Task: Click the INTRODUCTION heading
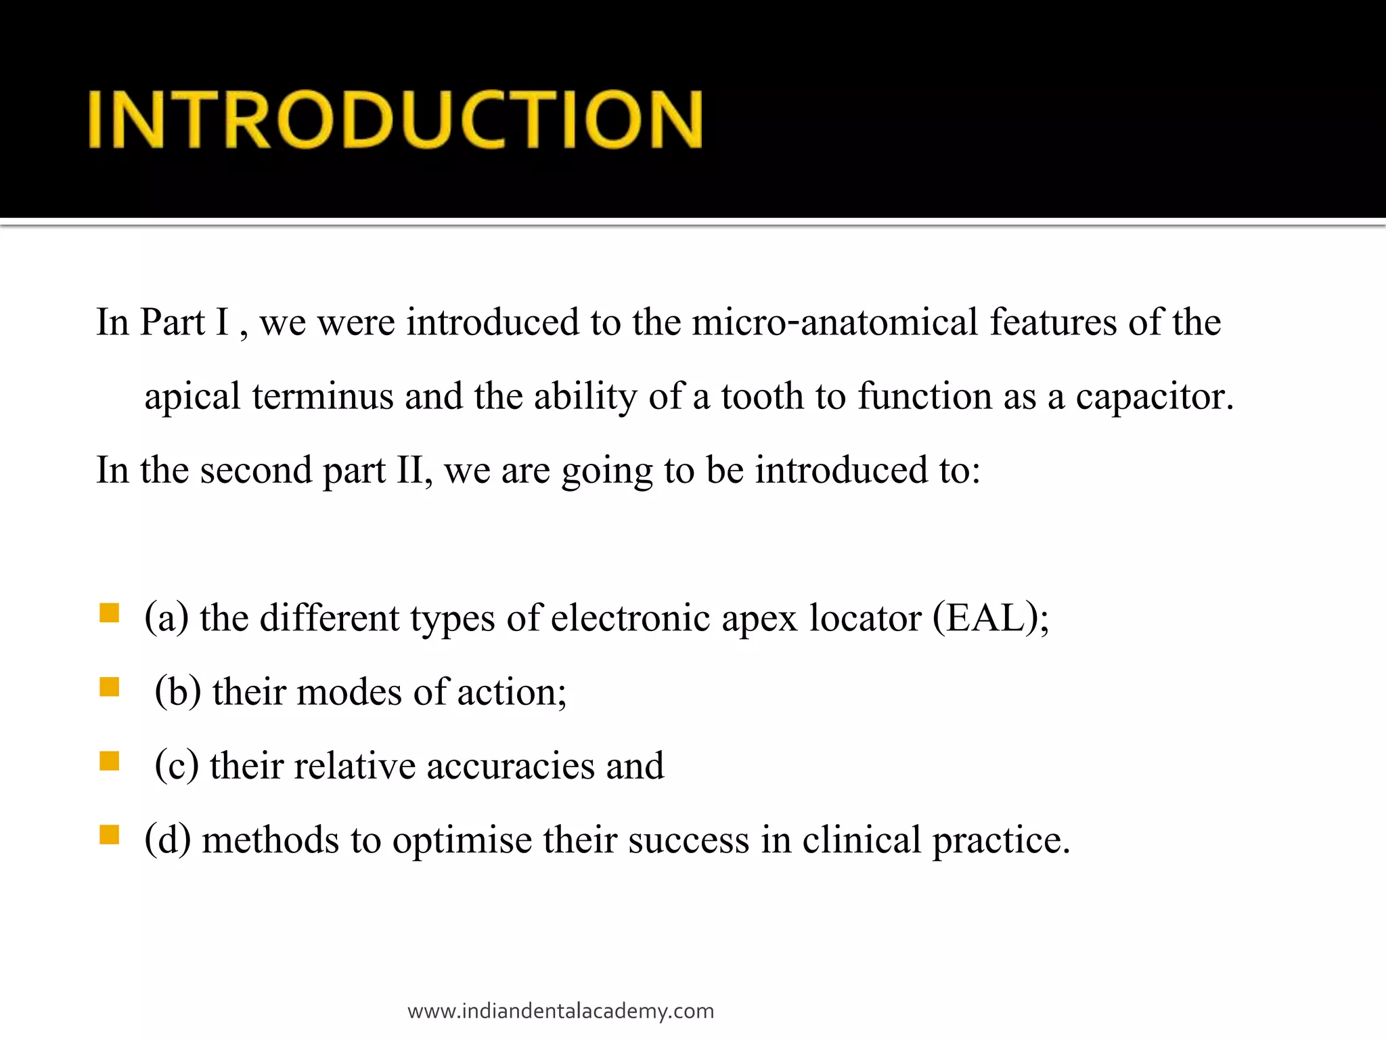[396, 119]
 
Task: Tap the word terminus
[323, 396]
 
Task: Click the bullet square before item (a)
[109, 613]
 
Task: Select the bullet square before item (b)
[109, 687]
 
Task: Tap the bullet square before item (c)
[109, 761]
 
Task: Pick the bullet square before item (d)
[109, 835]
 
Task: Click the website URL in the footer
[560, 1011]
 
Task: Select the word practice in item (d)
[1001, 840]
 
